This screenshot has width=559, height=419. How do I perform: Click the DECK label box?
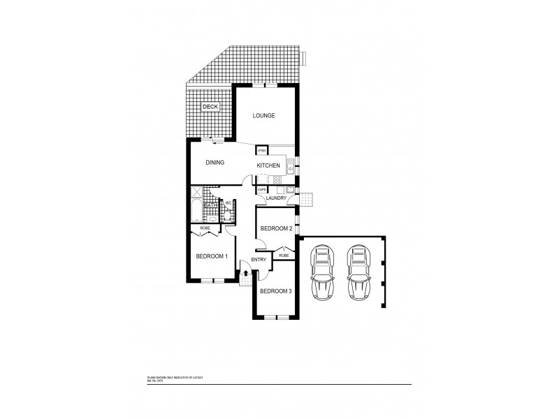pyautogui.click(x=210, y=107)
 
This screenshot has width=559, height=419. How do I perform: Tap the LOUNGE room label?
pyautogui.click(x=263, y=116)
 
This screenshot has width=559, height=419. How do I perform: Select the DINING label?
pyautogui.click(x=215, y=163)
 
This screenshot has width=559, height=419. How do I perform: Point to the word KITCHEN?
pyautogui.click(x=268, y=166)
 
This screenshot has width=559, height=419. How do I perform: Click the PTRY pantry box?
pyautogui.click(x=262, y=151)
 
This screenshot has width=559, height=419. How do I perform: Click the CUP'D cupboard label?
pyautogui.click(x=262, y=189)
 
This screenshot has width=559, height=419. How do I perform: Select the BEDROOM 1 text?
pyautogui.click(x=211, y=256)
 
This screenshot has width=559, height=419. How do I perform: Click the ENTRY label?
pyautogui.click(x=259, y=260)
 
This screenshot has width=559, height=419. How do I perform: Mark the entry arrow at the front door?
pyautogui.click(x=246, y=273)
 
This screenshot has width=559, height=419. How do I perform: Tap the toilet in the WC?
pyautogui.click(x=228, y=215)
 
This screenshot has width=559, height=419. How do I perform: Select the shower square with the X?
pyautogui.click(x=196, y=193)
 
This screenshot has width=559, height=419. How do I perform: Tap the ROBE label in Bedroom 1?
pyautogui.click(x=205, y=228)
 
